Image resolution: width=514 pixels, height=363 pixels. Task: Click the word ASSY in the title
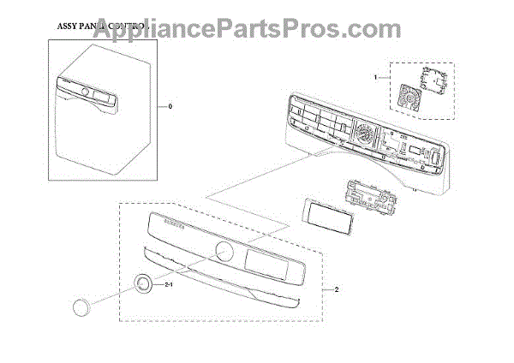67,27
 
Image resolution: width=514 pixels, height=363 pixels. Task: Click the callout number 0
170,107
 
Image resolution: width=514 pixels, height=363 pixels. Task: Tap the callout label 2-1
169,283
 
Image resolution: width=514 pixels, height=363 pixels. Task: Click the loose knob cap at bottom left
83,304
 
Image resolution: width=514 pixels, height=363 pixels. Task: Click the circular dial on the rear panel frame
363,136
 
